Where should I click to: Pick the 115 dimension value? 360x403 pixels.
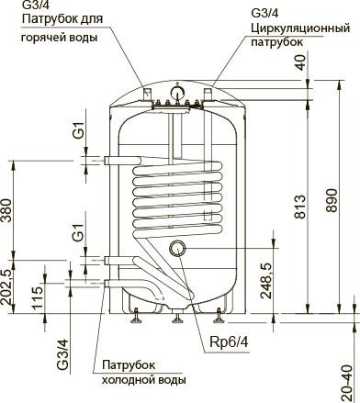[38, 298]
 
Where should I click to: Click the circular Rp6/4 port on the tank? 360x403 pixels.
[178, 247]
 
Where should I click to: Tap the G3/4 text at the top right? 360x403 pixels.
[267, 13]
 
